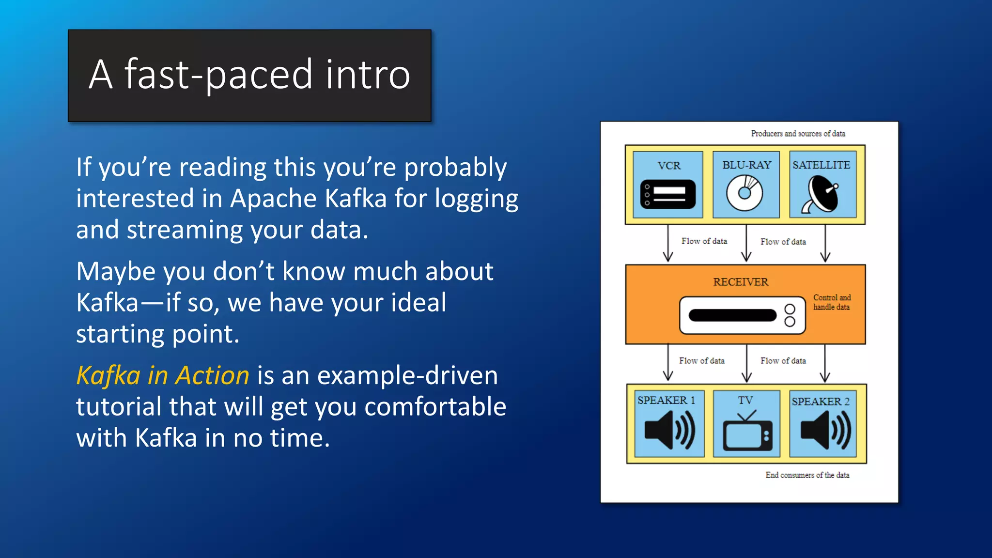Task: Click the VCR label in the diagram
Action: (669, 166)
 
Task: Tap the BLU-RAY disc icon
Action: (744, 193)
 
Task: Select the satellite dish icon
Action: (821, 195)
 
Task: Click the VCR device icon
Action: (667, 194)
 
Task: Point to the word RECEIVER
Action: (741, 282)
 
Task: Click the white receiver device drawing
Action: (742, 315)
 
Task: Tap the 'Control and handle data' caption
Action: (832, 302)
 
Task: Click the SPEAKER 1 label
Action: (666, 400)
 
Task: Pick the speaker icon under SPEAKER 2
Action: (825, 430)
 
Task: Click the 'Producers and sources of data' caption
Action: (798, 134)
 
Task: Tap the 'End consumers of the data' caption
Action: (807, 475)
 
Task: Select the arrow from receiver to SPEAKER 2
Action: (825, 363)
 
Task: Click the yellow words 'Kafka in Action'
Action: (163, 375)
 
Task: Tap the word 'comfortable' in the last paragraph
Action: (435, 406)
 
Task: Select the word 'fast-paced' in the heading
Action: (218, 75)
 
